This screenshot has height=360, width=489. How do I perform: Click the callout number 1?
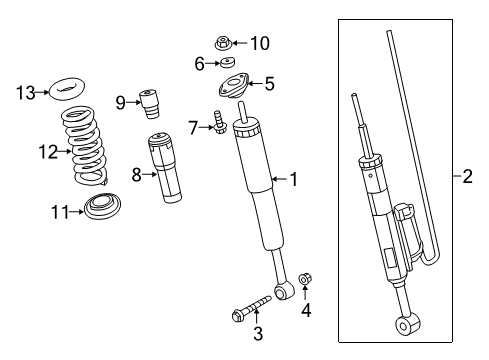pos(294,180)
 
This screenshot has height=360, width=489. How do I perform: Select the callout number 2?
pos(466,178)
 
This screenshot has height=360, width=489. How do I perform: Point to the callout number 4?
pos(307,310)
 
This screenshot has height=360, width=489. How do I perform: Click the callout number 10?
pos(259,43)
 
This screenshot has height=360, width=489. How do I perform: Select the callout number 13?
pos(24,93)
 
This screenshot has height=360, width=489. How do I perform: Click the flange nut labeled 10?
pos(225,42)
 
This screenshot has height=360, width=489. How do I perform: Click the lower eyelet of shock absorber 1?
pos(288,291)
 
